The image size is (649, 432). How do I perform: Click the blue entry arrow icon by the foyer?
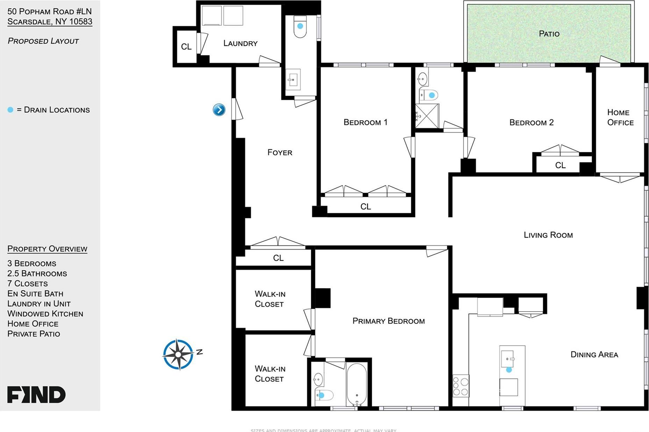(x=219, y=110)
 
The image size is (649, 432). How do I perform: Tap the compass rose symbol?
(x=178, y=354)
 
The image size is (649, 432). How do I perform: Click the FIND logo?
(x=36, y=395)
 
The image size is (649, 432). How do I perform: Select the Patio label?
(x=549, y=34)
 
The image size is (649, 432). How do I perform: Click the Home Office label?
(x=620, y=117)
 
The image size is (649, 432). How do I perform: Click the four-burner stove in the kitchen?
(x=461, y=386)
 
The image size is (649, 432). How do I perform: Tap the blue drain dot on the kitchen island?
(x=509, y=370)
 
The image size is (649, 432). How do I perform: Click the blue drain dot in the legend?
(x=10, y=110)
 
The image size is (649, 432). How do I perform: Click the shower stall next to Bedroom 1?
(x=427, y=116)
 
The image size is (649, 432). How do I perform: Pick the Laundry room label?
(x=240, y=43)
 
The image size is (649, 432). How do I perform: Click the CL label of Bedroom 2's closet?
(x=560, y=165)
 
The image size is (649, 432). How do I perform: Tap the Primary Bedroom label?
(x=388, y=321)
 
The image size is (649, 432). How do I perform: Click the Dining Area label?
(x=594, y=355)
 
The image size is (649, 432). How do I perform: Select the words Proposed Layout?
(x=43, y=41)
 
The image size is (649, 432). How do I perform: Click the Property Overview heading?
(x=47, y=249)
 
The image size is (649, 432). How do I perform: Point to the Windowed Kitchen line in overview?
(x=45, y=314)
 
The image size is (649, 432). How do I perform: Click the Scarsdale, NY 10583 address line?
(x=50, y=22)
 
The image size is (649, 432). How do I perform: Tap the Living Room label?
(x=548, y=235)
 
